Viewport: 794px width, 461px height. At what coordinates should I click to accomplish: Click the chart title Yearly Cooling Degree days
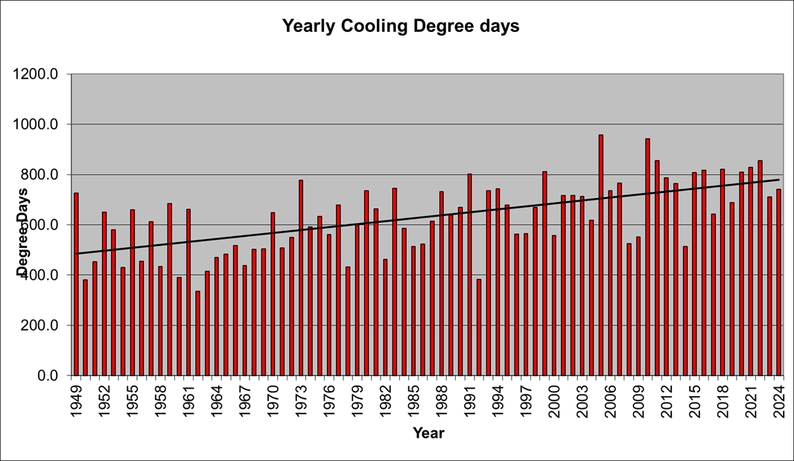400,26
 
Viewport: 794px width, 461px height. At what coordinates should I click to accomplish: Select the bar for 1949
76,284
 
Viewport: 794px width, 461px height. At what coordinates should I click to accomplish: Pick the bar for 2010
648,257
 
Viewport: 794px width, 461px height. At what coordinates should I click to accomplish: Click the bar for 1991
470,275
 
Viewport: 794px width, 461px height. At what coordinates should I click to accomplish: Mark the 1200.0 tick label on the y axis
41,74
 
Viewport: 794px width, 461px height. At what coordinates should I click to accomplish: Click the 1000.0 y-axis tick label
41,124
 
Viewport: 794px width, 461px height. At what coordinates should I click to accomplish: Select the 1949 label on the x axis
76,398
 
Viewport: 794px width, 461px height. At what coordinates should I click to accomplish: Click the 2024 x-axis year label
779,398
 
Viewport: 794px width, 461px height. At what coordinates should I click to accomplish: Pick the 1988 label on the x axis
442,398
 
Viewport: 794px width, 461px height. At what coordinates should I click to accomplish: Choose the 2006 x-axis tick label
610,398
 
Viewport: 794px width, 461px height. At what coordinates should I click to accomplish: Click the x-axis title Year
428,433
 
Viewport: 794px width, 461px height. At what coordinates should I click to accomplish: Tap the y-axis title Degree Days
24,231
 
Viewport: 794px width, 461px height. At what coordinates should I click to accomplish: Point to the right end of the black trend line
779,179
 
